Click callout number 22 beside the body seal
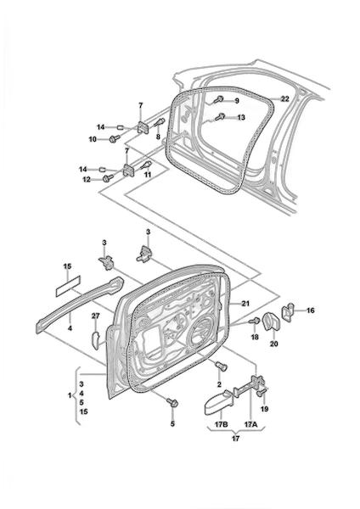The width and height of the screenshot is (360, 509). (x=284, y=99)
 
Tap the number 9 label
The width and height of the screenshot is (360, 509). (x=237, y=101)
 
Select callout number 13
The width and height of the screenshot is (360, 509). (x=241, y=118)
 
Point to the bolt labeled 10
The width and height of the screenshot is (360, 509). (x=115, y=138)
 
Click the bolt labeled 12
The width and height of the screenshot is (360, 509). (x=108, y=178)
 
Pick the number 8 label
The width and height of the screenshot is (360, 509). (x=158, y=137)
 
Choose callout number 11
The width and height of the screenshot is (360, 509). (x=148, y=174)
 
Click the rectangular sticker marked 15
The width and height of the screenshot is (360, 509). (x=68, y=287)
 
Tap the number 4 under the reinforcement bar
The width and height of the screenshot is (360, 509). (x=70, y=328)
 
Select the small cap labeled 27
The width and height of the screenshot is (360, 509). (x=96, y=339)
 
